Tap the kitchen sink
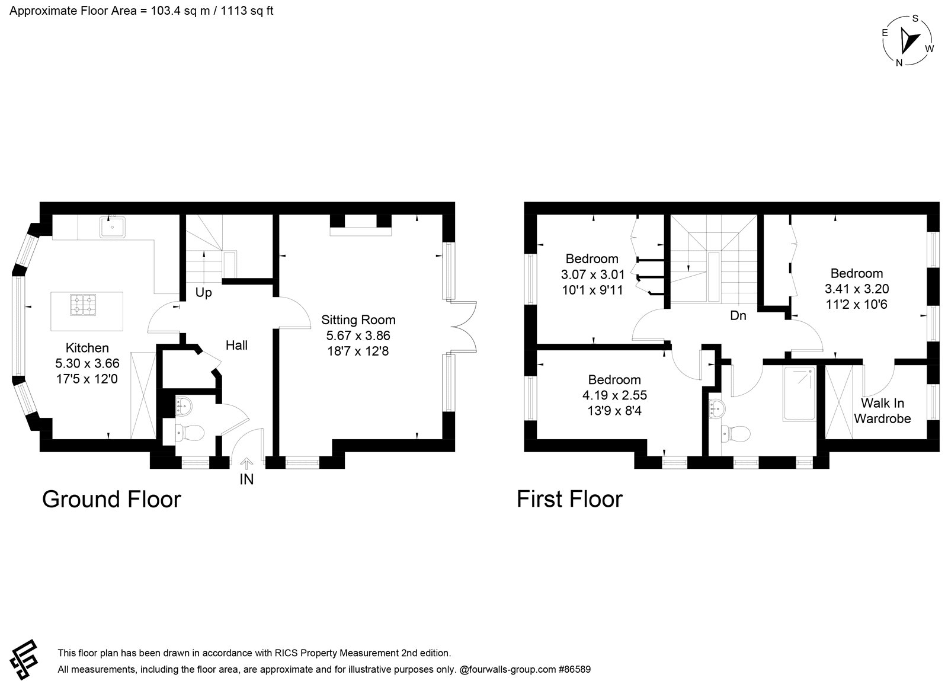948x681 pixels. (113, 227)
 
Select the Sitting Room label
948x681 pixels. (358, 320)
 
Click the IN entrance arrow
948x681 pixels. (246, 464)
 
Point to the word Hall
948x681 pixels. (236, 346)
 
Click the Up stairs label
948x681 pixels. (204, 292)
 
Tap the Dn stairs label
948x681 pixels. (738, 315)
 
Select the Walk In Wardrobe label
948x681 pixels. (882, 411)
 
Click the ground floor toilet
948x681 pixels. (190, 433)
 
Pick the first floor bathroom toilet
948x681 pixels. (735, 433)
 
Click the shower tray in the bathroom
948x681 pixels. (799, 394)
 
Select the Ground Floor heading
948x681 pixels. (112, 500)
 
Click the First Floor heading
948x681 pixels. (569, 499)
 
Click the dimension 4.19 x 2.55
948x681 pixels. (614, 395)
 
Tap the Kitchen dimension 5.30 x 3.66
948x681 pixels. (87, 363)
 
